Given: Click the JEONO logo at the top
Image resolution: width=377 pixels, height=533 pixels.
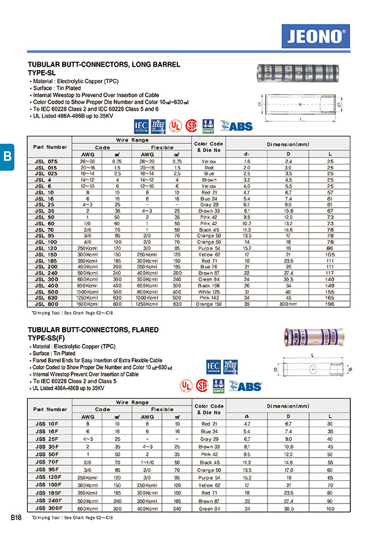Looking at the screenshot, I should (x=316, y=37).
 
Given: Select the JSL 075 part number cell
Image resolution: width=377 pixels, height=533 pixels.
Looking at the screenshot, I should (x=46, y=161).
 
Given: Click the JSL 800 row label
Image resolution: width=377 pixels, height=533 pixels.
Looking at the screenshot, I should (x=46, y=304).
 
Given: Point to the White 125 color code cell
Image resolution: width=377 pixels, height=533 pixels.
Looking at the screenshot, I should (x=209, y=292).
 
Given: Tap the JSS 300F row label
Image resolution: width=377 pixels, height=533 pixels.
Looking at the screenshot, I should (x=46, y=508).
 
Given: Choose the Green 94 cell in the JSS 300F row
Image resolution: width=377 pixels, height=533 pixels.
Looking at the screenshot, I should (x=209, y=508).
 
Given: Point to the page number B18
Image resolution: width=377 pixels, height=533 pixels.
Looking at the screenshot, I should (x=16, y=516).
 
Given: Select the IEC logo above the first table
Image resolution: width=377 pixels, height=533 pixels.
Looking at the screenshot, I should (x=141, y=126).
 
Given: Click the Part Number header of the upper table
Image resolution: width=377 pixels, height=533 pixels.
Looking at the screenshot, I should (x=50, y=147).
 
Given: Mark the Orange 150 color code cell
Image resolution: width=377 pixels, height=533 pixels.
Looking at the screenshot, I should (x=209, y=304).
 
